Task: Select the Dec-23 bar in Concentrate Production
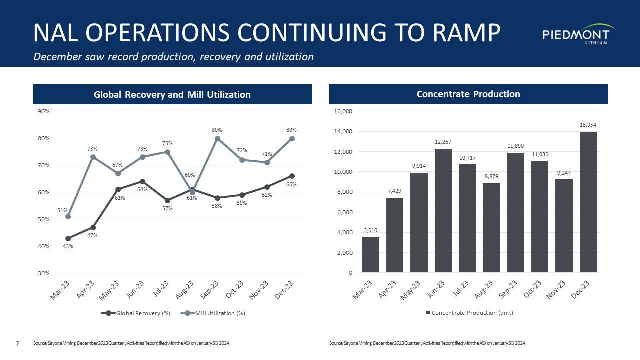tap(588, 202)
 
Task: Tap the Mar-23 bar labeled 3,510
tap(370, 255)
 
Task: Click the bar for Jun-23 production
tap(443, 210)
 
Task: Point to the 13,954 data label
tap(588, 125)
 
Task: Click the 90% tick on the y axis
tap(43, 111)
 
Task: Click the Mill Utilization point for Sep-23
tap(217, 138)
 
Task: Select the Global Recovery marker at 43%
tap(68, 238)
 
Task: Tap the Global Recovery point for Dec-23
tap(292, 176)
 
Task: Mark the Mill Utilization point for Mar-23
tap(68, 216)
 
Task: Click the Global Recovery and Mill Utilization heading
tap(172, 94)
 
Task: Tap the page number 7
tap(18, 343)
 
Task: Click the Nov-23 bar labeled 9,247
tap(564, 226)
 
